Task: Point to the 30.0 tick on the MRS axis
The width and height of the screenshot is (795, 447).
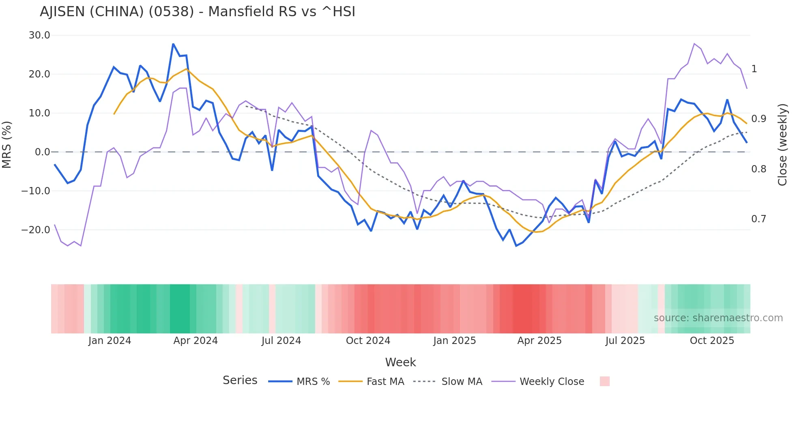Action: coord(39,35)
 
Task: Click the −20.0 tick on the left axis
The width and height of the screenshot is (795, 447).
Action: coord(36,230)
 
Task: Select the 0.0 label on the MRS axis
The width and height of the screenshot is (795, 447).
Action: coord(42,152)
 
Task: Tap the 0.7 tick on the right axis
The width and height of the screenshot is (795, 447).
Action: coord(758,219)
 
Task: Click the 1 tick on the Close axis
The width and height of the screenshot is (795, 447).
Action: coord(754,69)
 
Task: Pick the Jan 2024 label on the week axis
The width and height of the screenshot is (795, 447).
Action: coord(110,341)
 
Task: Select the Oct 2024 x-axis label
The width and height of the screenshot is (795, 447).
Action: coord(368,341)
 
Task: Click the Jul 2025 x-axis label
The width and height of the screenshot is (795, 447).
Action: coord(625,341)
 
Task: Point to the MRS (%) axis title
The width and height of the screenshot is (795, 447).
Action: coord(7,144)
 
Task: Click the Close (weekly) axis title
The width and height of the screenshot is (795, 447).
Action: coord(782,144)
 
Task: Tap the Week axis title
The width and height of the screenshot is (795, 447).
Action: coord(400,362)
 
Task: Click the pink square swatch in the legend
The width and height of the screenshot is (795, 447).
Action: coord(604,381)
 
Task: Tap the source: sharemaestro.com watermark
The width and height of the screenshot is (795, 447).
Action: coord(718,318)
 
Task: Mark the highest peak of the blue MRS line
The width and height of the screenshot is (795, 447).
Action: coord(173,44)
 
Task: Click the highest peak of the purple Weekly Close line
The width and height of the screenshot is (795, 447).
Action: coord(694,43)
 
